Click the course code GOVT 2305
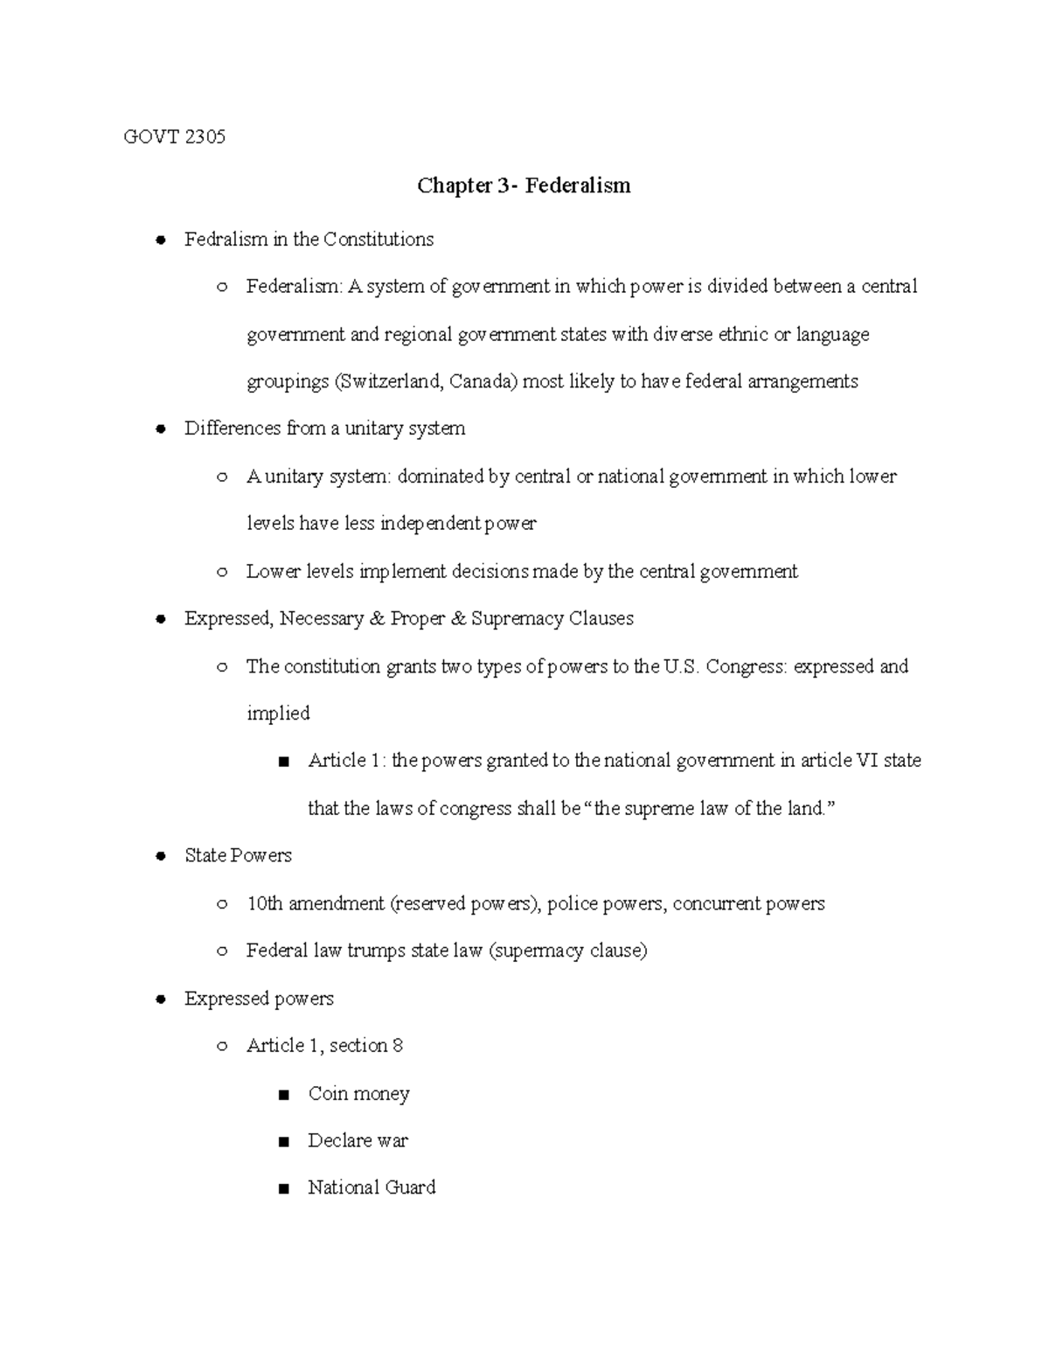(x=175, y=136)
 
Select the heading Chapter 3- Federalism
(x=524, y=185)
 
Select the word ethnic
(x=743, y=335)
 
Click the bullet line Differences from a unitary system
(x=324, y=428)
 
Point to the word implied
(x=278, y=714)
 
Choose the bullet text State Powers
(x=238, y=856)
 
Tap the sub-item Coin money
(x=358, y=1094)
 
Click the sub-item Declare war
(x=358, y=1141)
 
